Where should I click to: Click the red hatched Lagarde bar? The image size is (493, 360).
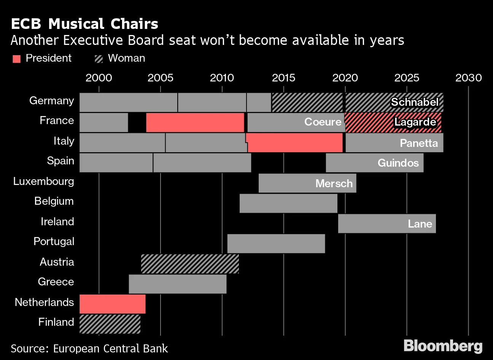[393, 122]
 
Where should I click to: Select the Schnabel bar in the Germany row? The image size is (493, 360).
[394, 102]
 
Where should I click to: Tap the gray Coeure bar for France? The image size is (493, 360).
[296, 123]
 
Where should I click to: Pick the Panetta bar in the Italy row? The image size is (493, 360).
[394, 143]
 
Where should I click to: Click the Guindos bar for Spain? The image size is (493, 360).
[374, 163]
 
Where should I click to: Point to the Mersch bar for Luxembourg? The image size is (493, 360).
[307, 183]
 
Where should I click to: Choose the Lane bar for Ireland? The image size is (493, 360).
[387, 223]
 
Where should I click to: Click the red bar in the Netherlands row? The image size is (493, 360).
[112, 304]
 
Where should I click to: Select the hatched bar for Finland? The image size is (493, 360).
[110, 324]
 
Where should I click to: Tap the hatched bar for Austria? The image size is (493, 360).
[190, 263]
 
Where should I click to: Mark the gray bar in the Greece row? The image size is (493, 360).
[177, 284]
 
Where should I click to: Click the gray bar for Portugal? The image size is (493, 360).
[276, 244]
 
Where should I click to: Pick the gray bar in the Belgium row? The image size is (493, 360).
[288, 203]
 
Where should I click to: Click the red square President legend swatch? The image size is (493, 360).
[16, 59]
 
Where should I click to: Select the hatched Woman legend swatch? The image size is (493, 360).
[99, 59]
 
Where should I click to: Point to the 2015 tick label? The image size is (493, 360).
[283, 78]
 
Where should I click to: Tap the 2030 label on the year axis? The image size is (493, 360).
[468, 78]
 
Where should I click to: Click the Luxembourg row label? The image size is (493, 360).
[44, 181]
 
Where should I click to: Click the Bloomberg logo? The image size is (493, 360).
[443, 346]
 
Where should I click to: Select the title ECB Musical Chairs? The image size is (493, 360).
[84, 24]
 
